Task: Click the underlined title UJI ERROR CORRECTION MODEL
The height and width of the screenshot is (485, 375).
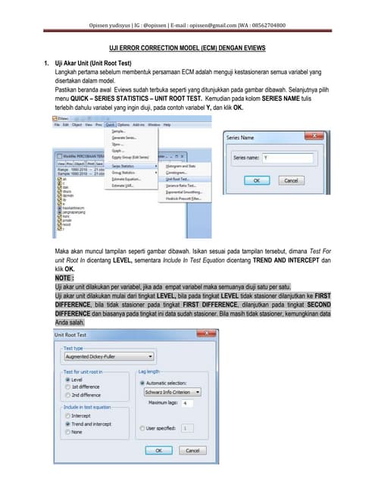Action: pos(187,47)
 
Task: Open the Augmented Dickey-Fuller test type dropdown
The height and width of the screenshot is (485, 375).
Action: pos(108,355)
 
